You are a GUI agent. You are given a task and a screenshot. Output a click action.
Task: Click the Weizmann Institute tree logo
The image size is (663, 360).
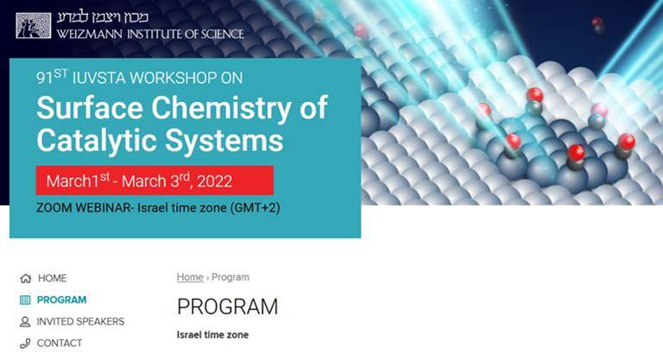pyautogui.click(x=34, y=25)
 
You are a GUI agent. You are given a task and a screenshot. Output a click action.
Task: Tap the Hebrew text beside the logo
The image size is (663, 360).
pyautogui.click(x=103, y=18)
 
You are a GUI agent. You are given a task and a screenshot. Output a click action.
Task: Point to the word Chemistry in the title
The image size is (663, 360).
pyautogui.click(x=221, y=108)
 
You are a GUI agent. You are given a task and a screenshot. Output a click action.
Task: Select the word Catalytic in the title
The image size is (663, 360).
pyautogui.click(x=97, y=140)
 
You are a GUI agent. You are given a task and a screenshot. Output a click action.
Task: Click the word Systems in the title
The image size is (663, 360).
pyautogui.click(x=224, y=140)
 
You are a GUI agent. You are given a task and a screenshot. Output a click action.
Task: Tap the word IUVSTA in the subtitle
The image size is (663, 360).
pyautogui.click(x=98, y=78)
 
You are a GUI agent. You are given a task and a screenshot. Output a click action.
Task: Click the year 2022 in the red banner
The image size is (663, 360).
pyautogui.click(x=214, y=181)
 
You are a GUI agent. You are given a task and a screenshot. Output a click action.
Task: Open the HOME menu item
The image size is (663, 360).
pyautogui.click(x=52, y=278)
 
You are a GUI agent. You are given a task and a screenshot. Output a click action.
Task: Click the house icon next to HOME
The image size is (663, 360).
pyautogui.click(x=25, y=278)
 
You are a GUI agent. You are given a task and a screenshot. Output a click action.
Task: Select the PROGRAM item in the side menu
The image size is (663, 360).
pyautogui.click(x=61, y=300)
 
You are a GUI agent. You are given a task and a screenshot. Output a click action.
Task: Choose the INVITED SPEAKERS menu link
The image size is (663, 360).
pyautogui.click(x=80, y=321)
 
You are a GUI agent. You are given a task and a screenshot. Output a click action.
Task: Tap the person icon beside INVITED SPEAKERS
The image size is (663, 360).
pyautogui.click(x=25, y=322)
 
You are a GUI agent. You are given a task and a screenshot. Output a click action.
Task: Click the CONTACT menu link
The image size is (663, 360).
pyautogui.click(x=60, y=343)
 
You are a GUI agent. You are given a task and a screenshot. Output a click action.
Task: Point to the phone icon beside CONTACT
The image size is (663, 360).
pyautogui.click(x=25, y=344)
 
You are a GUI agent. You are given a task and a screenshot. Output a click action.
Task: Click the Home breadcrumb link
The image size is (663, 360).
pyautogui.click(x=190, y=277)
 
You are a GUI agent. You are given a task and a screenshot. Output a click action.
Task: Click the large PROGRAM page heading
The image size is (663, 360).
pyautogui.click(x=228, y=306)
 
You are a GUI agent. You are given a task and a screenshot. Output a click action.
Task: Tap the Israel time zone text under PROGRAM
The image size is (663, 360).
pyautogui.click(x=212, y=335)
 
